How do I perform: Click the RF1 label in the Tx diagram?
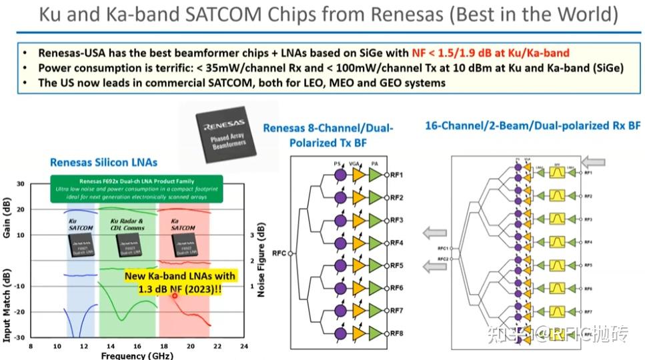(x=397, y=175)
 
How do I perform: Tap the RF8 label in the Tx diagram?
(x=397, y=333)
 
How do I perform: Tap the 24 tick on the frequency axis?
(x=244, y=347)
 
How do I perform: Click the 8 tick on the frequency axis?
(x=31, y=347)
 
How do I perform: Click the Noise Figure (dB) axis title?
(x=262, y=260)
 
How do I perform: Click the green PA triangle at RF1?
(x=374, y=175)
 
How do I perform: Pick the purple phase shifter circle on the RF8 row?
(x=340, y=333)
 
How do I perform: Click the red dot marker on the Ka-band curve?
(x=175, y=295)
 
